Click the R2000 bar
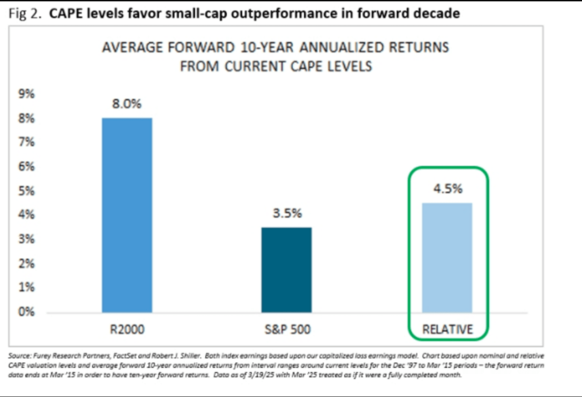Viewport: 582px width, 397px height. coord(127,215)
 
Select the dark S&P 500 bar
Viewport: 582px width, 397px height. coord(286,270)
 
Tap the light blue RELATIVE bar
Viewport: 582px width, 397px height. coord(447,258)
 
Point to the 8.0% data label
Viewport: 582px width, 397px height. coord(127,104)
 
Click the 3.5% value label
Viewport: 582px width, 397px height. coord(287,213)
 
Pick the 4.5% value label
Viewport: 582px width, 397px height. coord(447,189)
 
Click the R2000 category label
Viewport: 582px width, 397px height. coord(127,329)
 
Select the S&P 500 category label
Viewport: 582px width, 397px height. coord(287,329)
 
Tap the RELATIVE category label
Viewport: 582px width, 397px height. coord(448,329)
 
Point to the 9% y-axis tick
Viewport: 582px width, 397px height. coord(26,95)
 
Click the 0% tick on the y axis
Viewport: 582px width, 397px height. coord(26,312)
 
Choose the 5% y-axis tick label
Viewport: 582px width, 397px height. coord(26,191)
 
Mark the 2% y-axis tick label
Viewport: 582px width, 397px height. coord(26,264)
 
